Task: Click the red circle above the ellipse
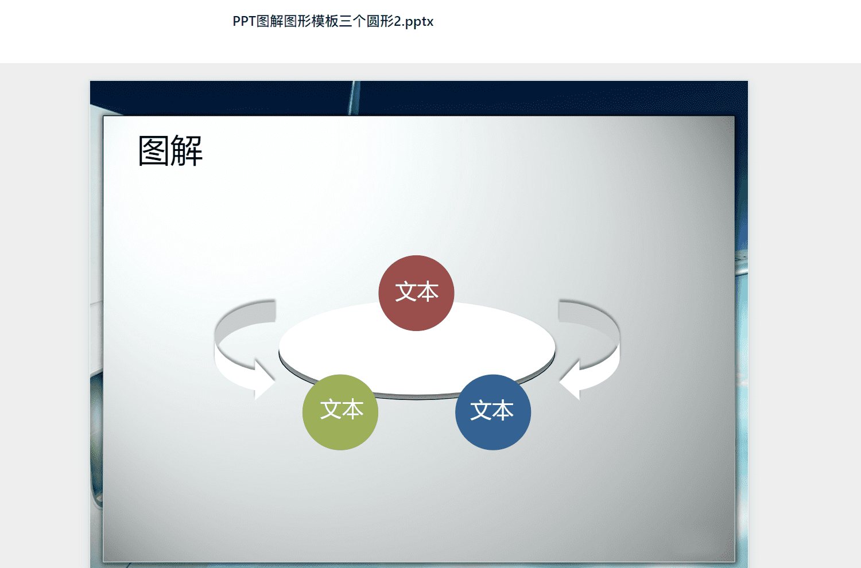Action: (x=416, y=293)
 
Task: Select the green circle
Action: (x=340, y=412)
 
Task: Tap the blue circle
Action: (x=492, y=412)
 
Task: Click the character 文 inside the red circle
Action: (x=405, y=291)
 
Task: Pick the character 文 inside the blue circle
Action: (x=481, y=410)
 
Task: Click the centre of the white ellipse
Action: (x=417, y=349)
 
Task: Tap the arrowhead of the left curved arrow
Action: (x=265, y=380)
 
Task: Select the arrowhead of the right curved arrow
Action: (x=569, y=380)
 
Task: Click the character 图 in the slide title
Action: (x=153, y=151)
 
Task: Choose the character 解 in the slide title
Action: (x=187, y=151)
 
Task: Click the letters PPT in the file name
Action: (x=244, y=21)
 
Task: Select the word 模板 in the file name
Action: (x=325, y=21)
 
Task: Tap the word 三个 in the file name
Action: (x=352, y=21)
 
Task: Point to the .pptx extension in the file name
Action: (x=418, y=22)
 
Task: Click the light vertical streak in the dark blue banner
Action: (x=354, y=98)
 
